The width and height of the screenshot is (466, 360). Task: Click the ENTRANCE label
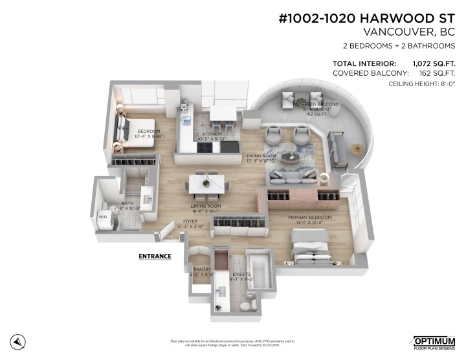155,256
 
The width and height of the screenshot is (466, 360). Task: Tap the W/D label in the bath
102,217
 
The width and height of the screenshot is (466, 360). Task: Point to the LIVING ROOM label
261,156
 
